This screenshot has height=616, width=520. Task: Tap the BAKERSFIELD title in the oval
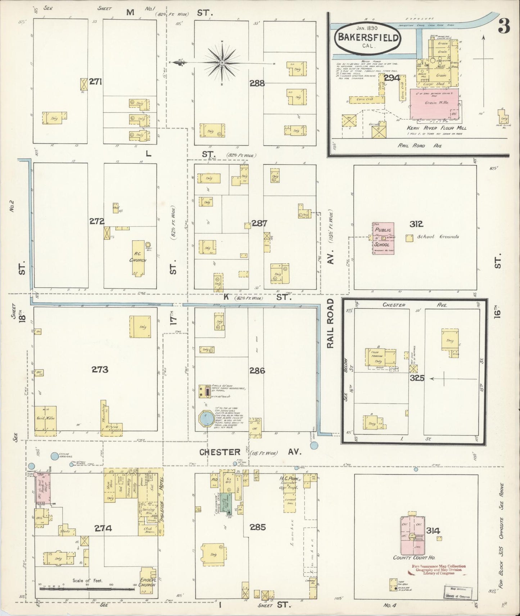(367, 38)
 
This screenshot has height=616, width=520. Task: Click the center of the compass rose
(222, 63)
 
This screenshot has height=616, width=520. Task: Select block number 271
(96, 82)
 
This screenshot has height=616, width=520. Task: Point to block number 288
(257, 83)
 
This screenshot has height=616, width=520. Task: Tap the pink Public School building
(383, 238)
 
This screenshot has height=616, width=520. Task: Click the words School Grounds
(438, 236)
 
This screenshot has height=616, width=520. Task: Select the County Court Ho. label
(414, 557)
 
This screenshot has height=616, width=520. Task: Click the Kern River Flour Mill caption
(437, 128)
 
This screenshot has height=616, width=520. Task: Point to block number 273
(100, 369)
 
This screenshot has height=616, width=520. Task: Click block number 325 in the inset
(417, 378)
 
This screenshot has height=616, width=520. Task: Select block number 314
(433, 530)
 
